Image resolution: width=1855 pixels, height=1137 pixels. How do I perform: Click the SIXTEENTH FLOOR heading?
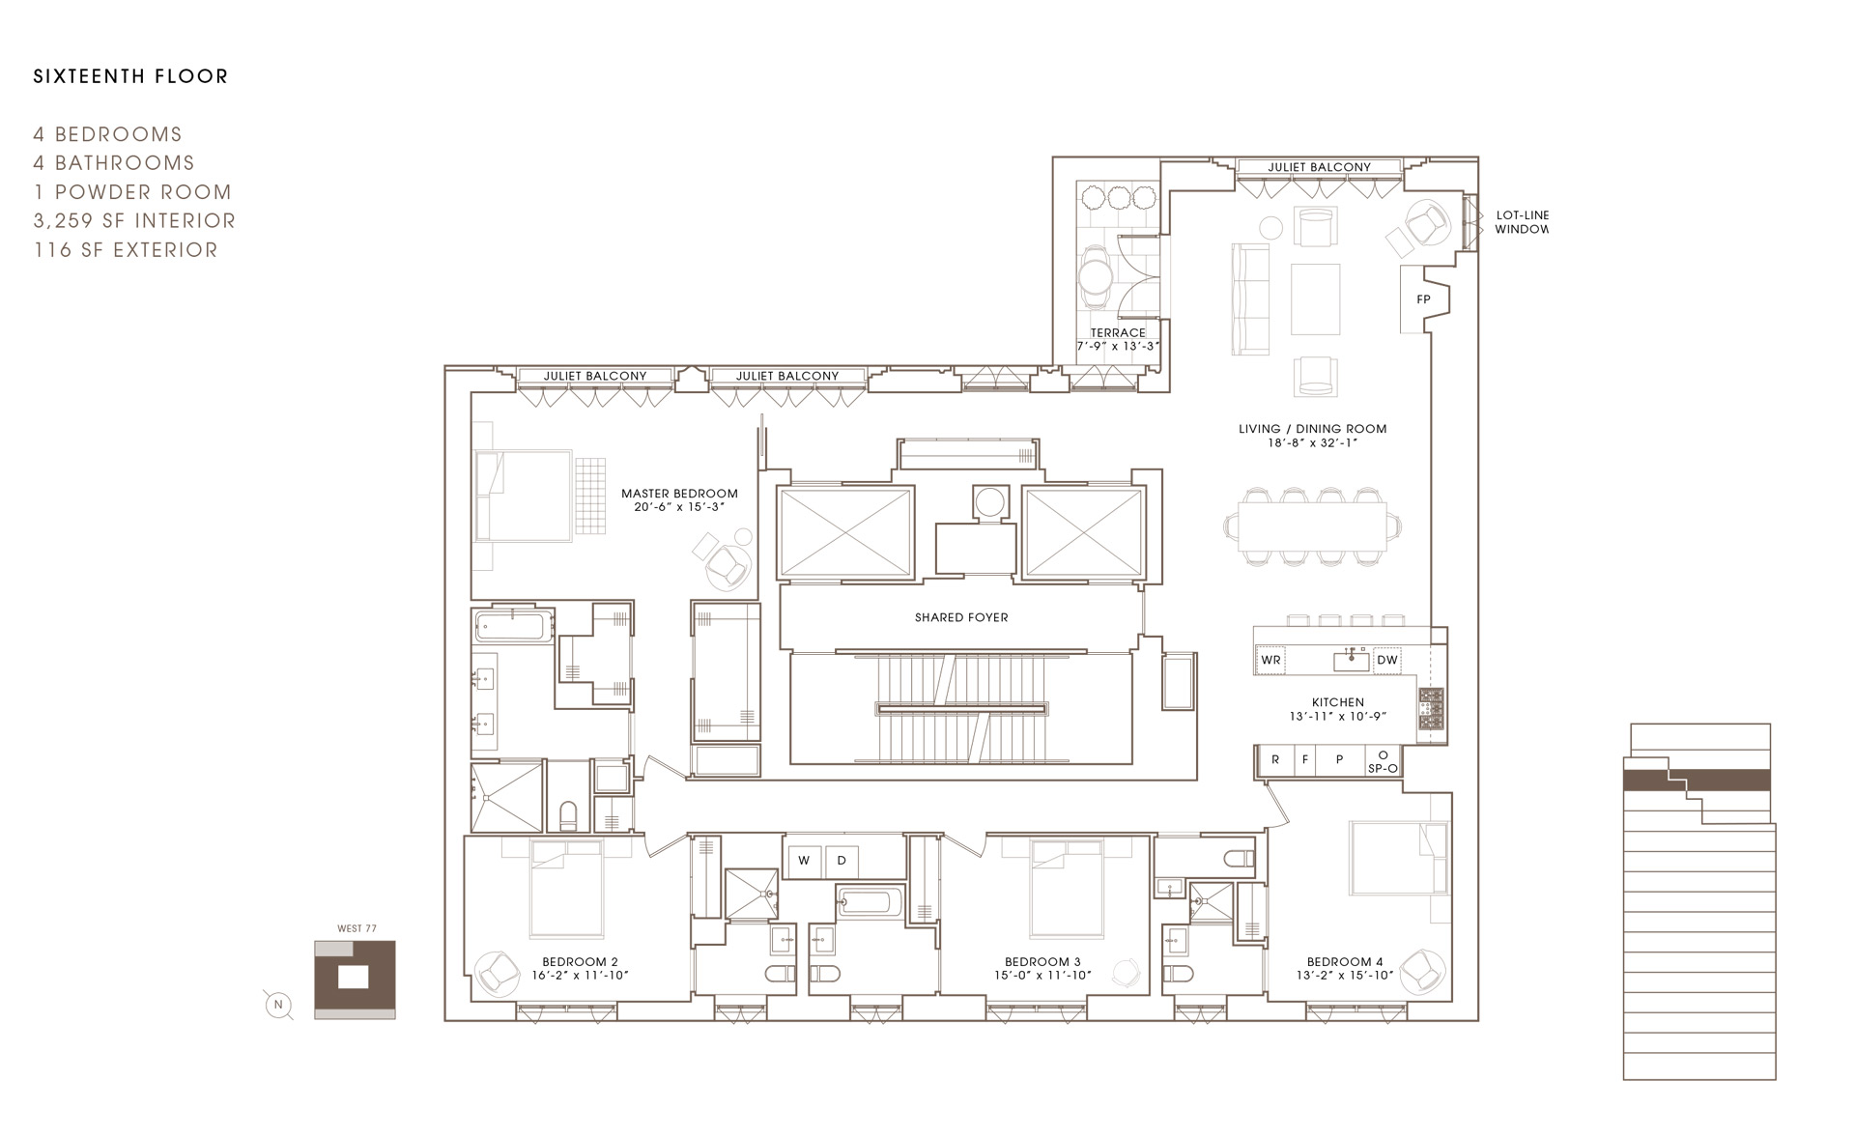click(130, 76)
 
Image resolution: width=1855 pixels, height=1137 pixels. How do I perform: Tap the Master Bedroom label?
click(679, 494)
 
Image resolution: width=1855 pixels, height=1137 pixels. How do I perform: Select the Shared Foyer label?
click(961, 617)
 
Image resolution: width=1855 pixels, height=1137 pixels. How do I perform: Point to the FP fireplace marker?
click(1423, 299)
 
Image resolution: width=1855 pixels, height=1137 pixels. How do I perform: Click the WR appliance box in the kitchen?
click(1271, 660)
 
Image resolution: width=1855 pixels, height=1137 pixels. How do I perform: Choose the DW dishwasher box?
click(1387, 660)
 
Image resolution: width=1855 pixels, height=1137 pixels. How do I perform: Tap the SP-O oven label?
click(1383, 769)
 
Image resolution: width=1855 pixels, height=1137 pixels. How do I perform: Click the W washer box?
click(804, 861)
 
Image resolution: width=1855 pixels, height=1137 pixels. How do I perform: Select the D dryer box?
click(842, 861)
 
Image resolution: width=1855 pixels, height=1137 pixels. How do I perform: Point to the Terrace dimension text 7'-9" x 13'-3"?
click(1118, 346)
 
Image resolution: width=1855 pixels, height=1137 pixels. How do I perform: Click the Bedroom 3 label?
click(1042, 962)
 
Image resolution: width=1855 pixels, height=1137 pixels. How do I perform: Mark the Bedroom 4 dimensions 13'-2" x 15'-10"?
click(1345, 976)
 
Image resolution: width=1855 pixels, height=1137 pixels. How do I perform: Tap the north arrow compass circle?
click(278, 1005)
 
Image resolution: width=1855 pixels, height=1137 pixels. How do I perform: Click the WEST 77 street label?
click(357, 928)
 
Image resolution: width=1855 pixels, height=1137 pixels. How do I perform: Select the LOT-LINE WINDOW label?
click(1522, 222)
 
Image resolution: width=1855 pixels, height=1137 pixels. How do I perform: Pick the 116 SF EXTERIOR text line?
click(126, 250)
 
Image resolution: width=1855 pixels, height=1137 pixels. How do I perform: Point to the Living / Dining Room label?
click(1313, 429)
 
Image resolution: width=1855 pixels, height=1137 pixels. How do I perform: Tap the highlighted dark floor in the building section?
click(1697, 780)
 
